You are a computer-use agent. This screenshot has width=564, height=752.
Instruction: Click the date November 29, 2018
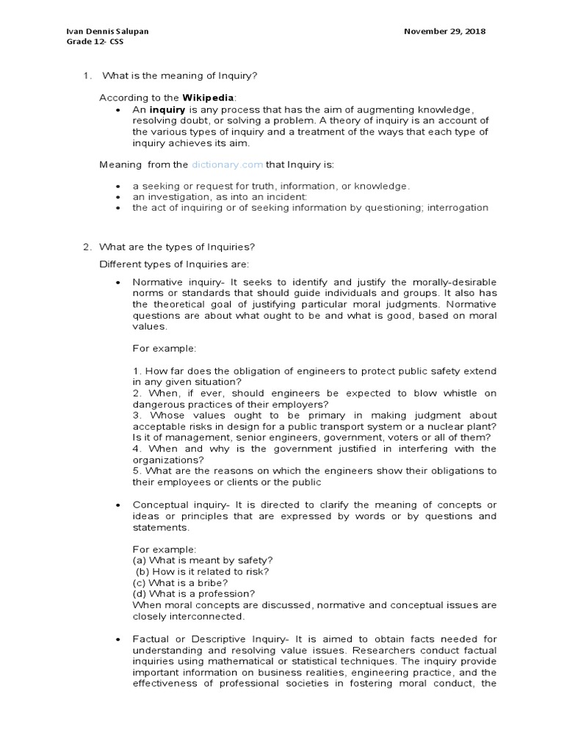tap(445, 32)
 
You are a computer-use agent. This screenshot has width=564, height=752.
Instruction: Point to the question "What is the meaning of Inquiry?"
tap(180, 76)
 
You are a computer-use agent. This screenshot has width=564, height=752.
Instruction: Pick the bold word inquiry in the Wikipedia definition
tap(166, 109)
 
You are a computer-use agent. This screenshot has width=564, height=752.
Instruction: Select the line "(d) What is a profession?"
tap(194, 593)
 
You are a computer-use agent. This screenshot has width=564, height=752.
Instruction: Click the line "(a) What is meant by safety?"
tap(203, 560)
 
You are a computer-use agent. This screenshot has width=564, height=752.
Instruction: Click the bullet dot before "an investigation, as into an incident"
tap(118, 198)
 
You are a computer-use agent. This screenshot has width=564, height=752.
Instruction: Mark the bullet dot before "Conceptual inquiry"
tap(118, 505)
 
